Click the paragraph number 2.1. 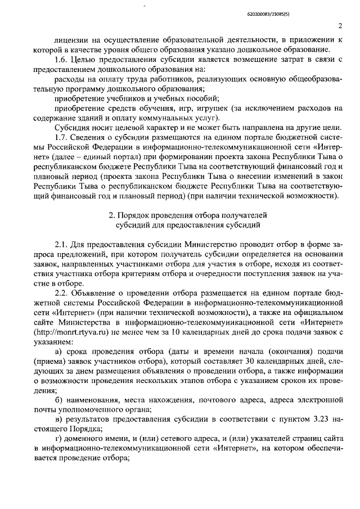61,246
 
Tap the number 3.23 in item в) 321,419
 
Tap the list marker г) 57,438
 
